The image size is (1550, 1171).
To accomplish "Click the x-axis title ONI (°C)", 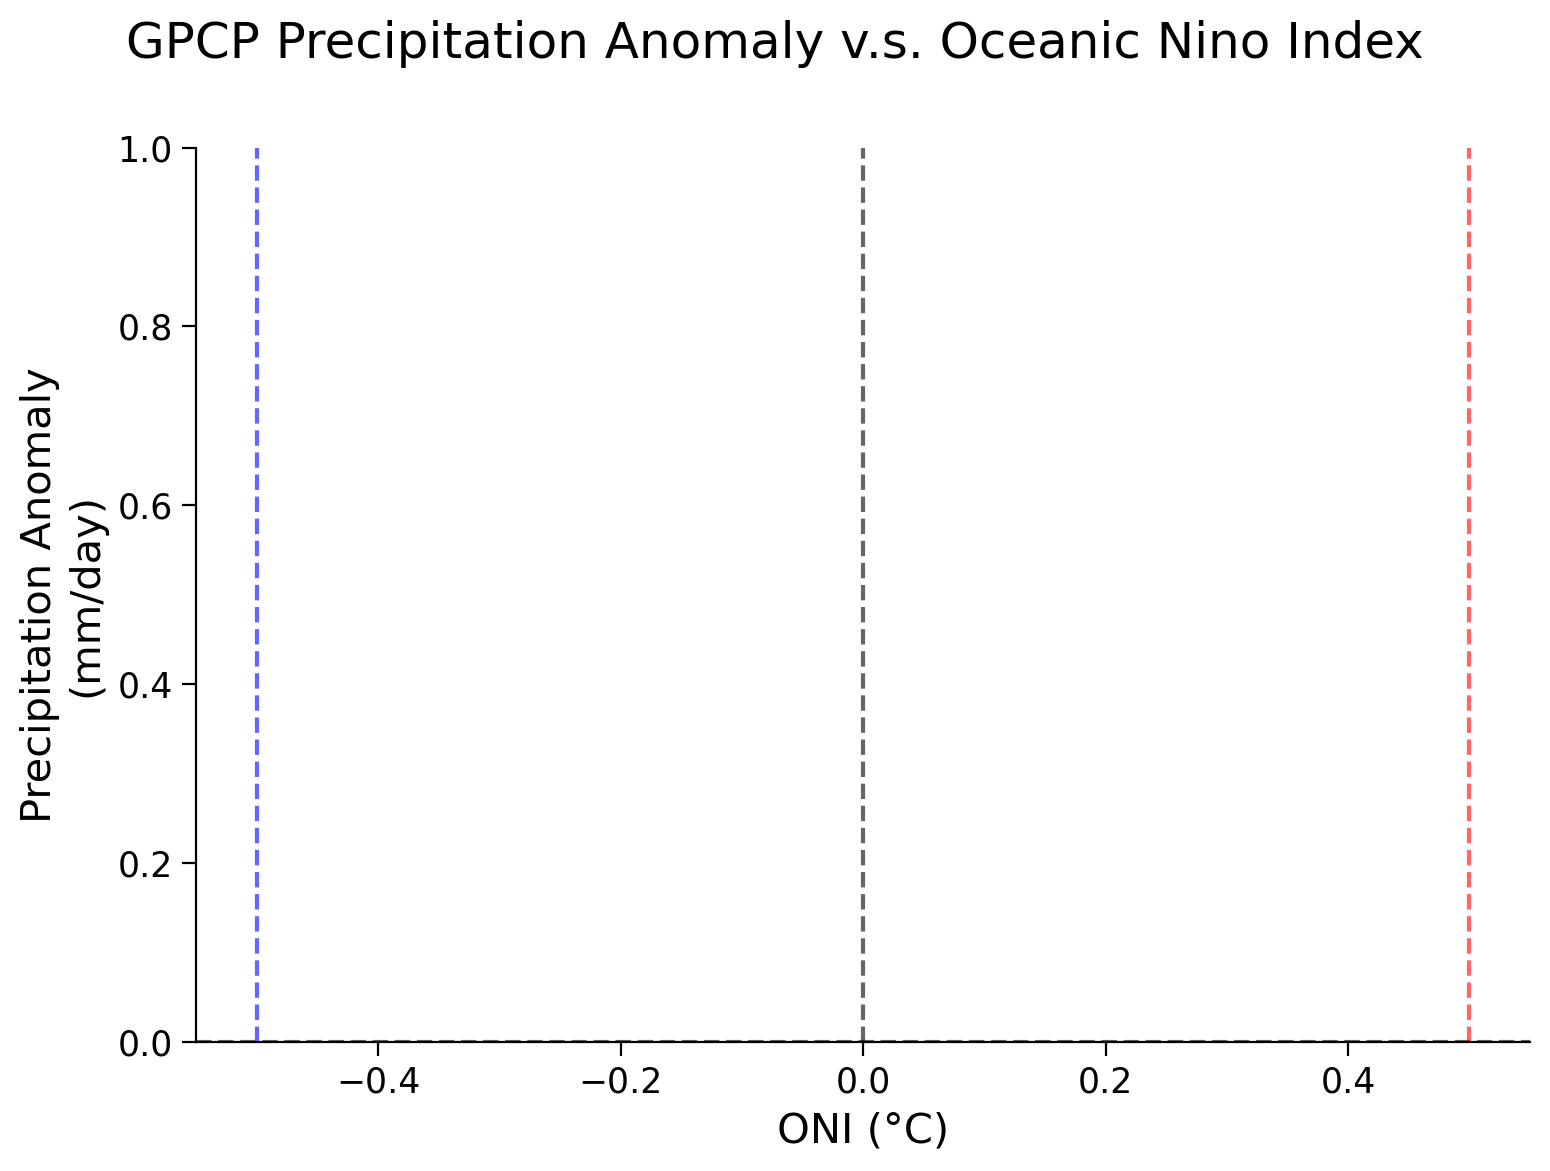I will click(862, 1130).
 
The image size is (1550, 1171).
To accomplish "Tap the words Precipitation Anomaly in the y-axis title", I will click(40, 595).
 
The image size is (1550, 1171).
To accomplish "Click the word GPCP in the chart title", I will click(189, 43).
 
